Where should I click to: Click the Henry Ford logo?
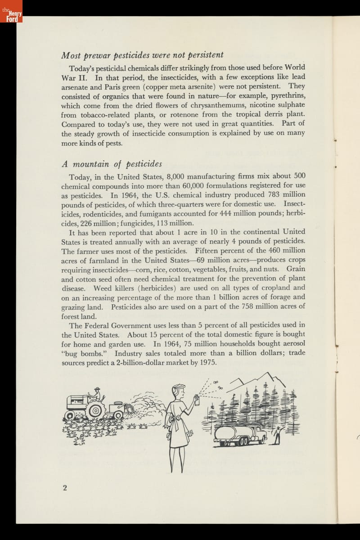(x=11, y=14)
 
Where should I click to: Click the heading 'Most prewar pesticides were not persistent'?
(x=142, y=55)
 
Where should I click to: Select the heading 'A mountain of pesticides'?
(x=112, y=163)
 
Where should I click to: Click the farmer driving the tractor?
(x=95, y=395)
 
